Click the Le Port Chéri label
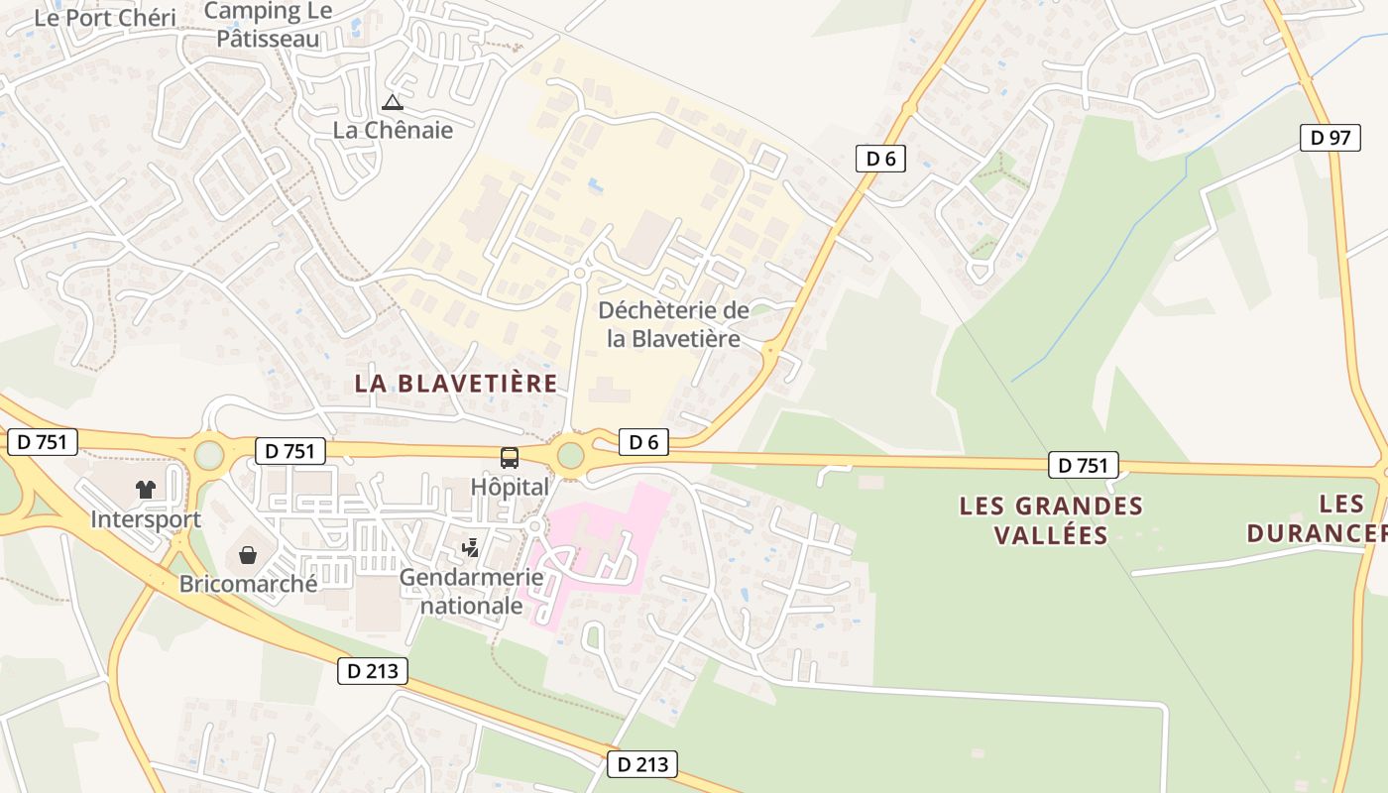[104, 18]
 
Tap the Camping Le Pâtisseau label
[270, 26]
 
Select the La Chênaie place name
[393, 130]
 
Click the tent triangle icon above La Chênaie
[394, 102]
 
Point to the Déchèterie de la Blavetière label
[674, 324]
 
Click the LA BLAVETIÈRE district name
[456, 384]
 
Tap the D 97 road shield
[1330, 138]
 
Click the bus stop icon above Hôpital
[510, 458]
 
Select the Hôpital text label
[510, 487]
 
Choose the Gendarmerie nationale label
[472, 591]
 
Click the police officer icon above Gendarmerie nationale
[471, 547]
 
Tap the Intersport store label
[146, 518]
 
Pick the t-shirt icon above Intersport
[146, 489]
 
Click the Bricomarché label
[248, 583]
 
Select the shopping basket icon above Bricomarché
[247, 554]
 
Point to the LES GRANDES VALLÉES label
[1051, 520]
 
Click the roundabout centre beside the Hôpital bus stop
[571, 455]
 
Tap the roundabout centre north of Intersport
[209, 455]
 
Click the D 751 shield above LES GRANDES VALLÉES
[1084, 465]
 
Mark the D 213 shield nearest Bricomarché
[373, 671]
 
